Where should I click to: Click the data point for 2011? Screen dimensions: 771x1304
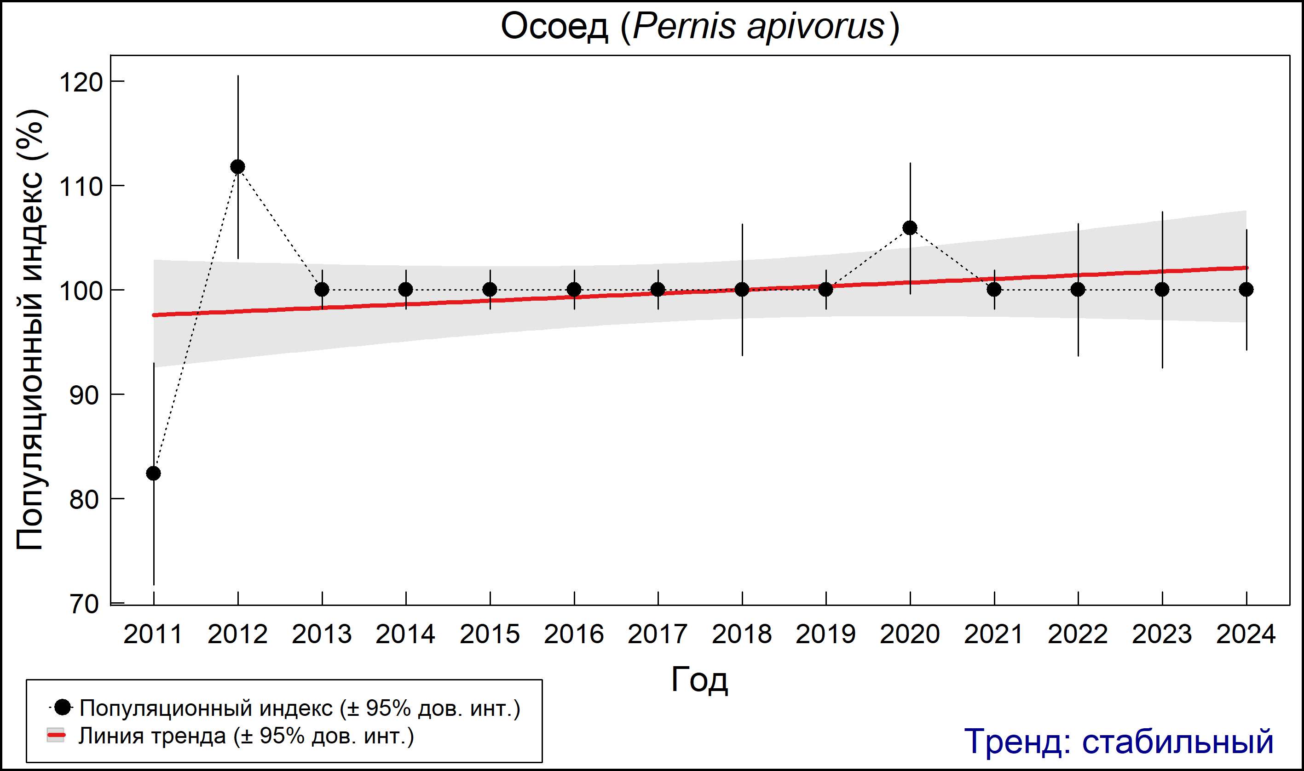(153, 473)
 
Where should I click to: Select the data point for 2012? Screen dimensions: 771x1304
(237, 167)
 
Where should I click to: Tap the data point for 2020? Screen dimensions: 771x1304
(910, 228)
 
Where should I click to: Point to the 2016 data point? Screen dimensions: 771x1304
(574, 289)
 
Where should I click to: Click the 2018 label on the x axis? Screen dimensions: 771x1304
(741, 634)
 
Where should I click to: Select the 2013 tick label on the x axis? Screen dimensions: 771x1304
(321, 634)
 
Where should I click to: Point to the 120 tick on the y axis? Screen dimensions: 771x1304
(81, 82)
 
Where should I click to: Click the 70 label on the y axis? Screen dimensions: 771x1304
(84, 604)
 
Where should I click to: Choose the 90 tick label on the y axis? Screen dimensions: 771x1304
(84, 395)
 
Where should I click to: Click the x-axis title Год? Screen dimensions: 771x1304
(699, 680)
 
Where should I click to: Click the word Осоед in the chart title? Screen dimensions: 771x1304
(554, 27)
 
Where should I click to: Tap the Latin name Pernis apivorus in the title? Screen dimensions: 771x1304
(758, 27)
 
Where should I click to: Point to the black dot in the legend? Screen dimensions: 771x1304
(63, 707)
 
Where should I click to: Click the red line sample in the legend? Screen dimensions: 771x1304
(56, 736)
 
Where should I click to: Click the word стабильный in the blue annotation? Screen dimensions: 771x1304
(1177, 741)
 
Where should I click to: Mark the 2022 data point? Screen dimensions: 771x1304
(1078, 289)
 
